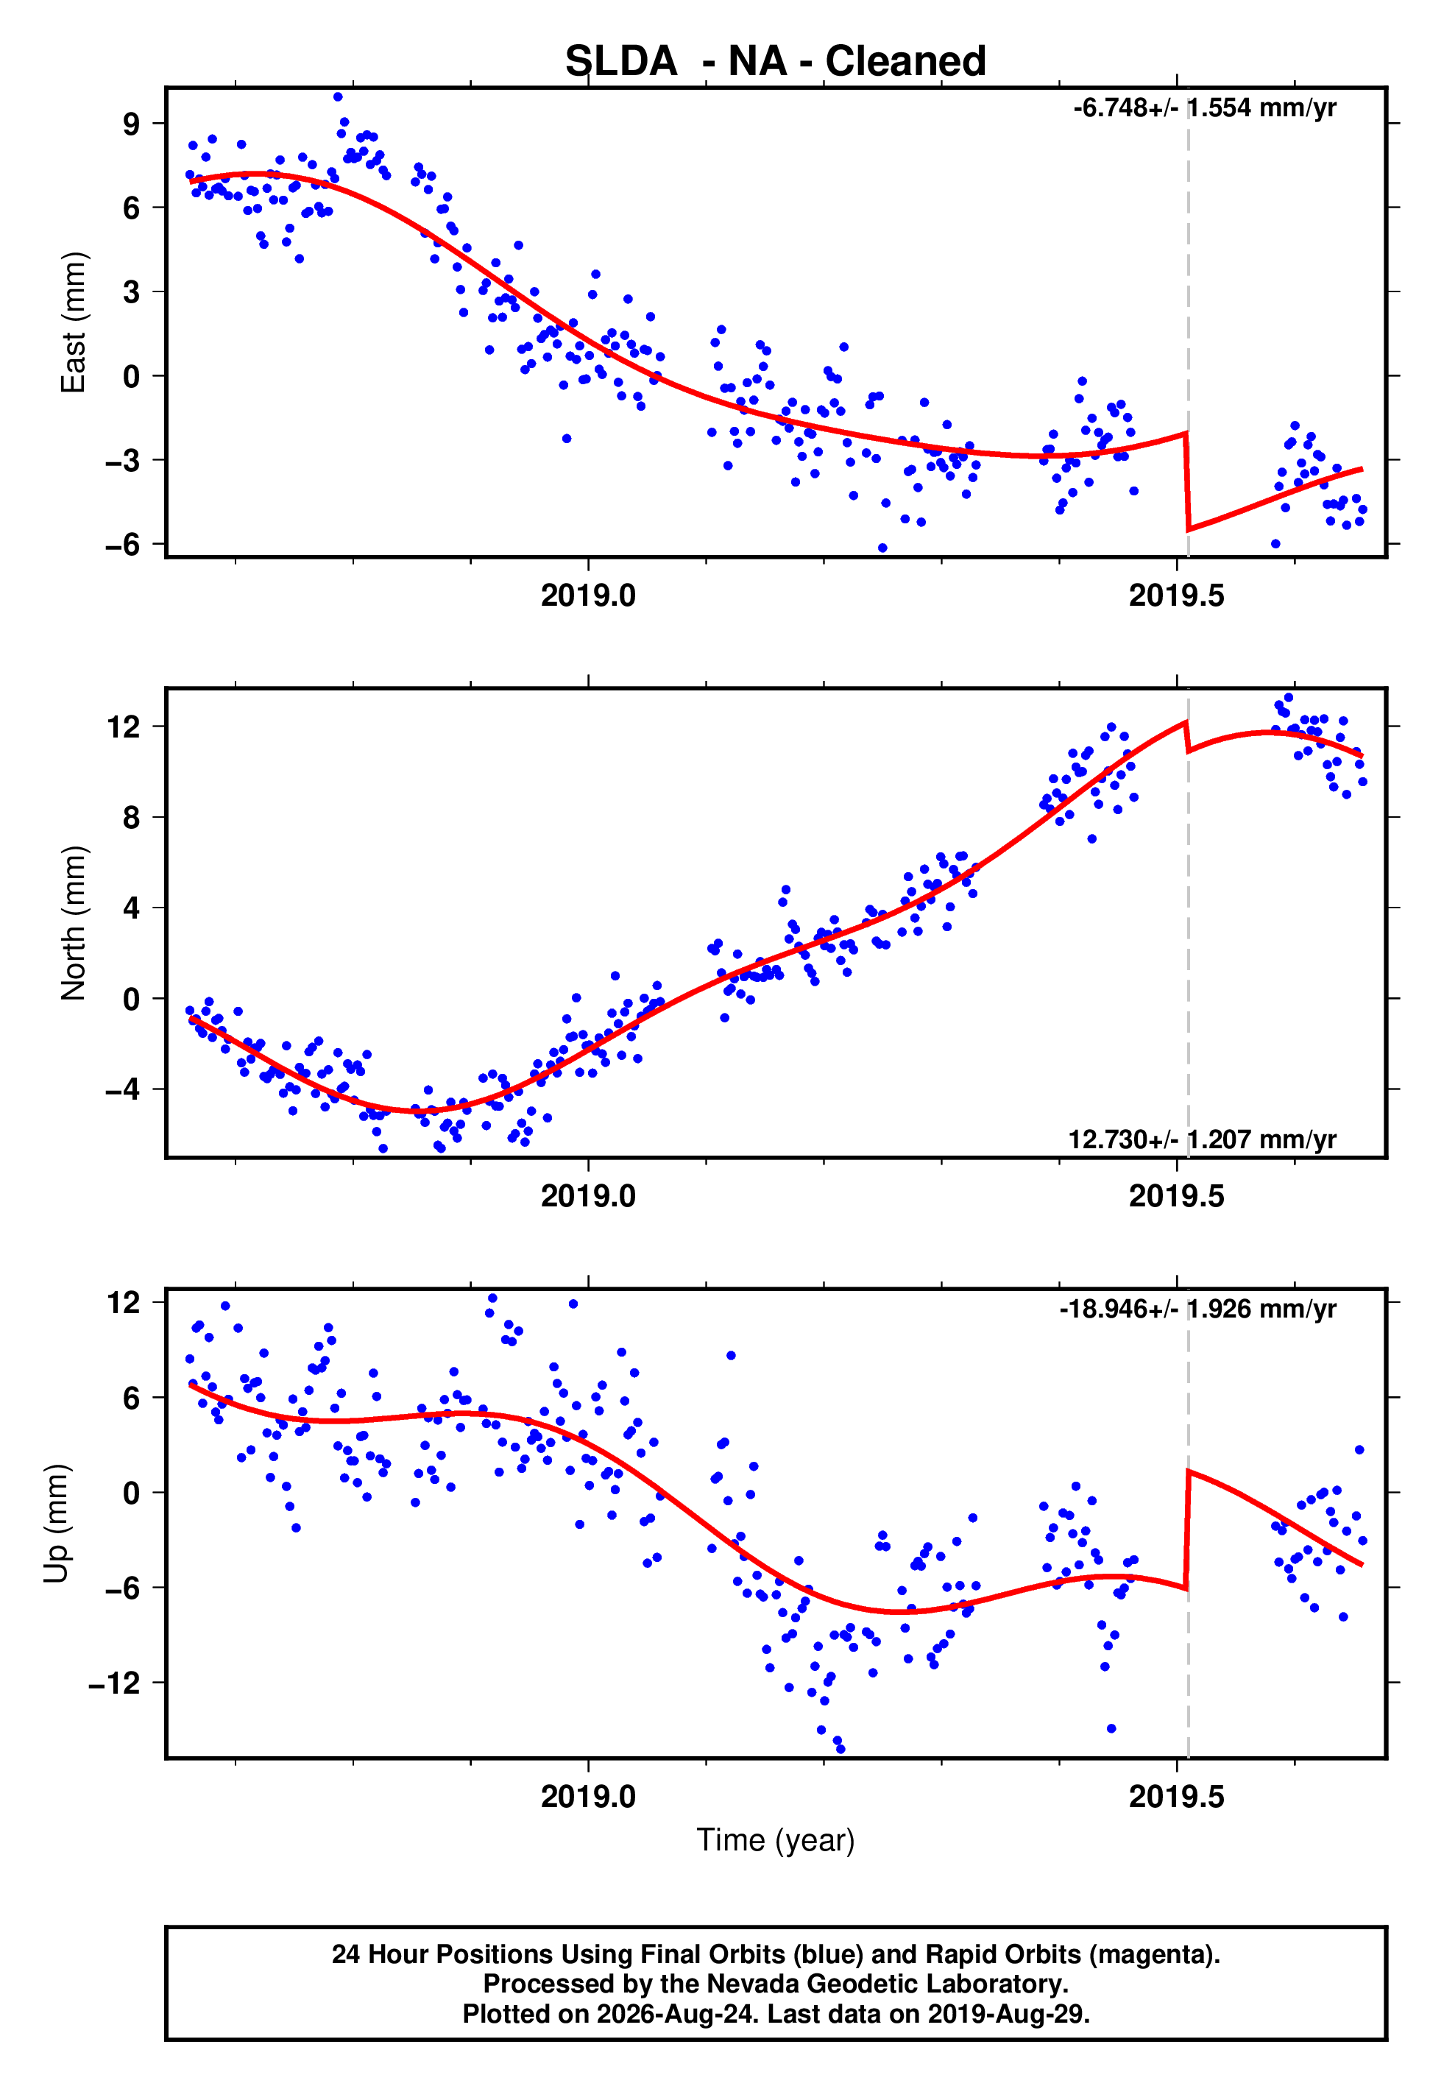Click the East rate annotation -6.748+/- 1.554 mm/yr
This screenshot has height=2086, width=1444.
1204,107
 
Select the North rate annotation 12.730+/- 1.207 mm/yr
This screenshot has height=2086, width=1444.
1202,1139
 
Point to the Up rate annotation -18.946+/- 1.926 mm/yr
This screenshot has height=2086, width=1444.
1198,1308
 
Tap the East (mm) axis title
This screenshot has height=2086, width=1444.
72,322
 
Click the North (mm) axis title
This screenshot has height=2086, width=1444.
72,923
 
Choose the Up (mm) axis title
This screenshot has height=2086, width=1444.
56,1524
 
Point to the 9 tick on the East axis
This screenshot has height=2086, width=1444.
132,124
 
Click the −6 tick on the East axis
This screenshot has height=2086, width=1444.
123,545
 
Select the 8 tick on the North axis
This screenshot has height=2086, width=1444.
132,818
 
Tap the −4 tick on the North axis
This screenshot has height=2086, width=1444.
123,1090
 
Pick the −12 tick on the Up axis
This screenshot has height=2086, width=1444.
115,1683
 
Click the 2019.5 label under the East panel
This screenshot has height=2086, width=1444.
1176,596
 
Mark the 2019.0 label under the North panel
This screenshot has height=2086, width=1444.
588,1197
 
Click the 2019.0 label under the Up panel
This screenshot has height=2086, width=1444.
588,1797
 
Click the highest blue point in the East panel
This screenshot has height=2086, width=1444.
338,96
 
